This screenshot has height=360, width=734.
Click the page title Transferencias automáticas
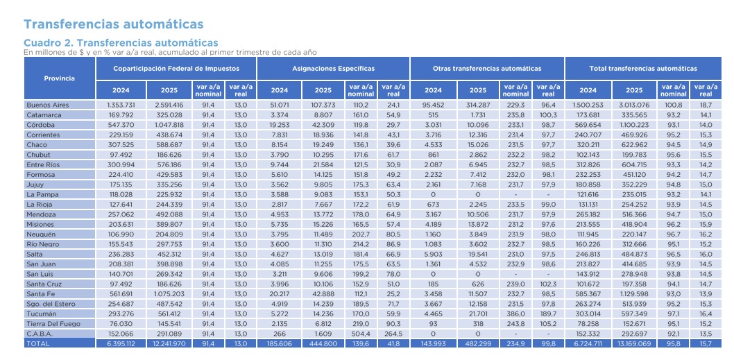114,24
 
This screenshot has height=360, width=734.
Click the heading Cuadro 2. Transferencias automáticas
121,43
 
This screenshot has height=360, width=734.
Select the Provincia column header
59,78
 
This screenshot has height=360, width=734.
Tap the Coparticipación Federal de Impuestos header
176,69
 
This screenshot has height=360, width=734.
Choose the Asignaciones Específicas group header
332,69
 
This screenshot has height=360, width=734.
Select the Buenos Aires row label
48,105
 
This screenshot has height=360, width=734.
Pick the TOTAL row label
37,343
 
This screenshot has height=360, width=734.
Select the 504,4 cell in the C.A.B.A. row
361,333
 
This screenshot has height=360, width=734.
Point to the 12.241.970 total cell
167,343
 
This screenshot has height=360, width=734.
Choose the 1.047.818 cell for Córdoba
167,125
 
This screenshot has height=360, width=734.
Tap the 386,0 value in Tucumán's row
515,314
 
